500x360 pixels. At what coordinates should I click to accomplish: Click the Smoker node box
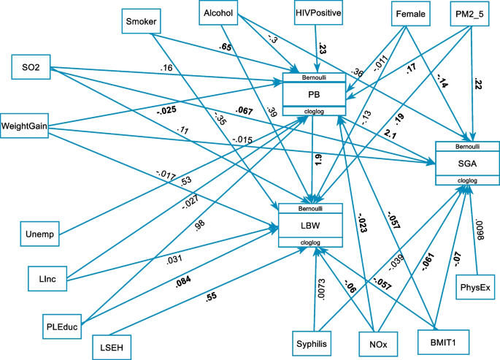[143, 20]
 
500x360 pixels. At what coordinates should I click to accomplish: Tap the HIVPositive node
[318, 13]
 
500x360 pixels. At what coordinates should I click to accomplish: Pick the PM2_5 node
[469, 14]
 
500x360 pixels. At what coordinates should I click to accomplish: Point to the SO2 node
[31, 68]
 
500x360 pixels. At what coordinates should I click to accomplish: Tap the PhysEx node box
[474, 288]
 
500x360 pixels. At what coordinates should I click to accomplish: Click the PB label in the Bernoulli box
[312, 93]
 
